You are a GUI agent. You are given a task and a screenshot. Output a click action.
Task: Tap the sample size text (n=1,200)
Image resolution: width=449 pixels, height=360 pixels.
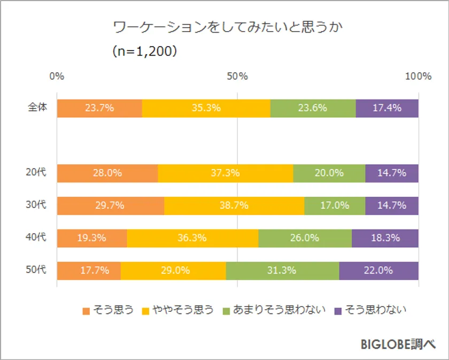click(x=144, y=52)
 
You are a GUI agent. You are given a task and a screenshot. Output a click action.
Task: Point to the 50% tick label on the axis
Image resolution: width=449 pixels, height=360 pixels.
click(x=237, y=76)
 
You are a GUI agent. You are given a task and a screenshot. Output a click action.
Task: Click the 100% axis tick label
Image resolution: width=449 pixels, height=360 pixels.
click(x=418, y=76)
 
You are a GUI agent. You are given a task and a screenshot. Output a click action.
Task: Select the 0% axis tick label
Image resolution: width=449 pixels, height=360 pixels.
click(x=57, y=76)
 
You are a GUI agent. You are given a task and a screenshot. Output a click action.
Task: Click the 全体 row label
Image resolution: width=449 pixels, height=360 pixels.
click(x=37, y=108)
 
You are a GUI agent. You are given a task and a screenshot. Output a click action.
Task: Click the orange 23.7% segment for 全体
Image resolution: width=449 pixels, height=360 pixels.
click(x=99, y=108)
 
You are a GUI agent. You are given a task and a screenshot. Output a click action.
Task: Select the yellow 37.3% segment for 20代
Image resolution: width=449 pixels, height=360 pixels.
click(x=226, y=173)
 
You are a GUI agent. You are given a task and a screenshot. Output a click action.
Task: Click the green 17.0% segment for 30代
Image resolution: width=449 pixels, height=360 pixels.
click(x=335, y=205)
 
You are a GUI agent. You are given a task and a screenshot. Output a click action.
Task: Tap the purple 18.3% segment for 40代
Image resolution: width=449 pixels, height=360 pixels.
click(x=385, y=238)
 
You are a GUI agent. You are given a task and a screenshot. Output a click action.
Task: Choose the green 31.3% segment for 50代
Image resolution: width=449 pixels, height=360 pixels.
click(x=282, y=271)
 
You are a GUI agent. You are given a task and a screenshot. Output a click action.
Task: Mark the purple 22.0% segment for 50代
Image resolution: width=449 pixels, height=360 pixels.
click(x=378, y=271)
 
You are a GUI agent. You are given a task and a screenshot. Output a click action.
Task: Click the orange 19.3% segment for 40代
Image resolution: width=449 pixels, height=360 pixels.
click(x=92, y=238)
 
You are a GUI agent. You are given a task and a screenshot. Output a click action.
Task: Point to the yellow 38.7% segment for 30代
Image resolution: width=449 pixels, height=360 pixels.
click(x=234, y=205)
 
